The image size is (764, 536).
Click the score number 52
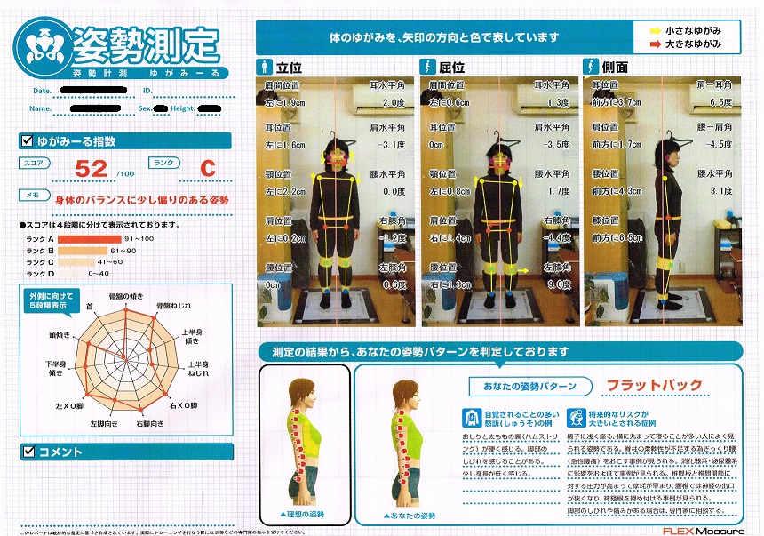pos(92,167)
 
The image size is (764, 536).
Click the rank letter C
pos(207,167)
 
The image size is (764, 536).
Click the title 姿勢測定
pos(145,42)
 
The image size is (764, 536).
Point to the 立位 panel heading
pos(289,67)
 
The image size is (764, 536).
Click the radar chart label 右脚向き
pos(147,425)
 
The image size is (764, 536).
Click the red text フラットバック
pos(653,386)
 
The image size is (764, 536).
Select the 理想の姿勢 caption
pos(302,515)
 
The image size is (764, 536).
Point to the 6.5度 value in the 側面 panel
pos(720,102)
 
